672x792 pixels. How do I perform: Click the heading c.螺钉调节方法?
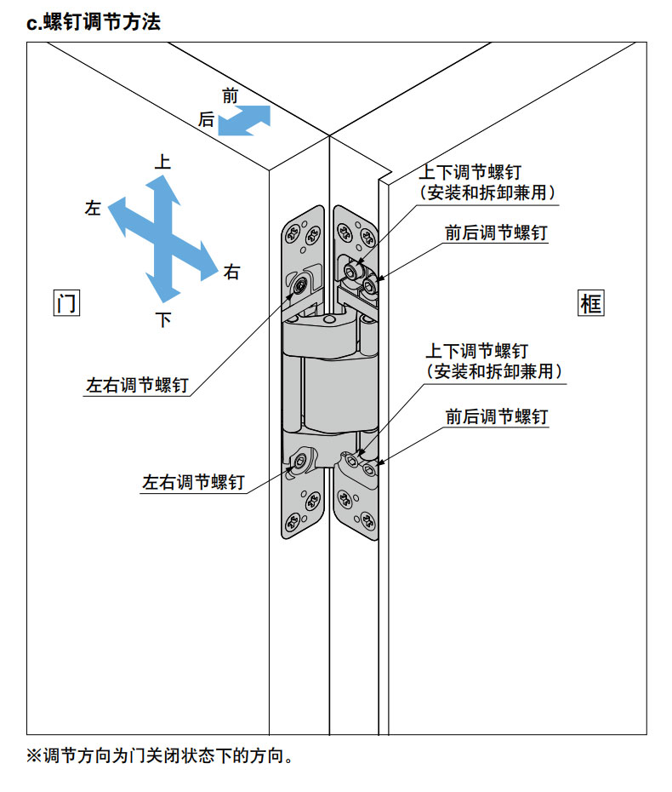click(x=94, y=23)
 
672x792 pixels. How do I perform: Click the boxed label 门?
click(x=65, y=303)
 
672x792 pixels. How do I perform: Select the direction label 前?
click(x=230, y=96)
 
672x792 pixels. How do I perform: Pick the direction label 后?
click(x=207, y=120)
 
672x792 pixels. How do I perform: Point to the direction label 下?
click(x=163, y=320)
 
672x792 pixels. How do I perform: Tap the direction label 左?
click(x=94, y=208)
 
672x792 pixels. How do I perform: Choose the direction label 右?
click(x=231, y=273)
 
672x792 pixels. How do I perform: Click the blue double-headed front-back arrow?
click(x=244, y=120)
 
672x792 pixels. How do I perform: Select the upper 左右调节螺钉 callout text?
click(x=137, y=385)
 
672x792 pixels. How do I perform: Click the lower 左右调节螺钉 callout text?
click(x=193, y=483)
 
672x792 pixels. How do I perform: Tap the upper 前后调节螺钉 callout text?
click(x=496, y=232)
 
